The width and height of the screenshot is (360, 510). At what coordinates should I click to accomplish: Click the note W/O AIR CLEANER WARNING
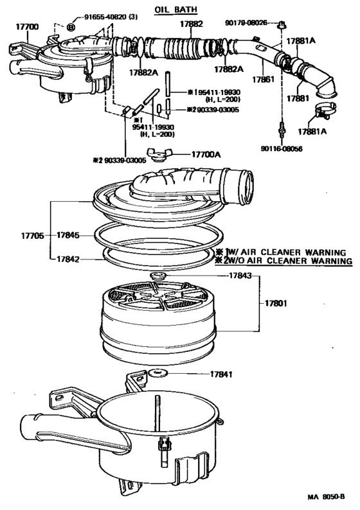289,261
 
